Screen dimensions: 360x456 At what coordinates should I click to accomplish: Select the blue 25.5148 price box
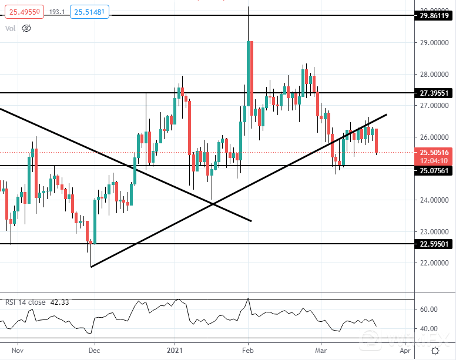click(88, 12)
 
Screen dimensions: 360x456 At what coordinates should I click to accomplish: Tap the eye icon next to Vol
click(26, 28)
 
